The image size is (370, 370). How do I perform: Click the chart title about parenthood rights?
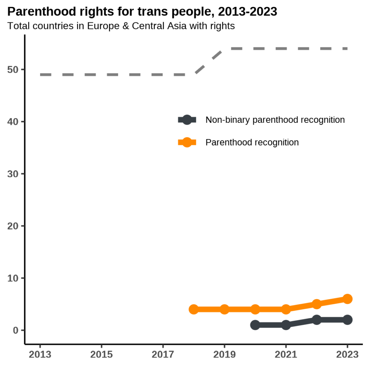pyautogui.click(x=142, y=12)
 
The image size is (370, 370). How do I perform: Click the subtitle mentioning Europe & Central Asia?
pyautogui.click(x=121, y=26)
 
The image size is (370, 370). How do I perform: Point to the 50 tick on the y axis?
pyautogui.click(x=14, y=69)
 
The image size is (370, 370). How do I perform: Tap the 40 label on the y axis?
pyautogui.click(x=14, y=122)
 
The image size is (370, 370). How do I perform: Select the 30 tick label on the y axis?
pyautogui.click(x=14, y=174)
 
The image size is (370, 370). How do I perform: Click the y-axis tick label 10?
pyautogui.click(x=14, y=278)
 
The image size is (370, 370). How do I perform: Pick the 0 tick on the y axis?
pyautogui.click(x=16, y=330)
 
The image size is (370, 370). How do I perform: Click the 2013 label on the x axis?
pyautogui.click(x=40, y=354)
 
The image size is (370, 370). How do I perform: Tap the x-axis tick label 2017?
pyautogui.click(x=163, y=354)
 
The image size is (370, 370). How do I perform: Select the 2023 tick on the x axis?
pyautogui.click(x=347, y=354)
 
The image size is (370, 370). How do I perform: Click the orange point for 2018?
pyautogui.click(x=194, y=309)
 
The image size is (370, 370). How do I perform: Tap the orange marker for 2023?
pyautogui.click(x=347, y=299)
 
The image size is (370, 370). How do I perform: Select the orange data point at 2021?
pyautogui.click(x=286, y=309)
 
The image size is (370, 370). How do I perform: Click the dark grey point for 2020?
pyautogui.click(x=255, y=325)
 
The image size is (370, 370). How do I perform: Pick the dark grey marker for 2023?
pyautogui.click(x=347, y=320)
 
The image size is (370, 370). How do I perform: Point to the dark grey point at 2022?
pyautogui.click(x=317, y=320)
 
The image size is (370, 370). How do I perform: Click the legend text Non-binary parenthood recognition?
pyautogui.click(x=275, y=120)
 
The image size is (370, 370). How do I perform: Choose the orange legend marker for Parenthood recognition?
pyautogui.click(x=187, y=142)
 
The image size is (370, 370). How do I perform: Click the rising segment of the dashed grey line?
pyautogui.click(x=209, y=61)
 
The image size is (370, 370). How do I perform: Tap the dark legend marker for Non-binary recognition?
pyautogui.click(x=187, y=120)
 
